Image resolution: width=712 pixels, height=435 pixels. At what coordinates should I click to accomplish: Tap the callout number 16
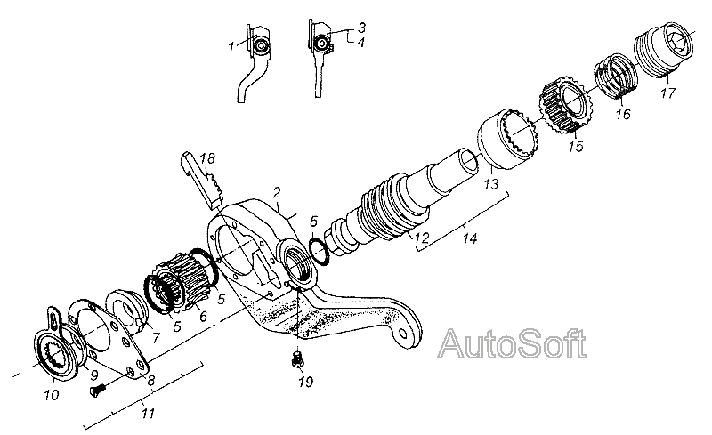(620, 114)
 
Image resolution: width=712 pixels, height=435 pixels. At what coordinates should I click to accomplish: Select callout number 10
(51, 394)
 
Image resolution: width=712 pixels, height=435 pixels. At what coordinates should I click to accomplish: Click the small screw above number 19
(297, 360)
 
